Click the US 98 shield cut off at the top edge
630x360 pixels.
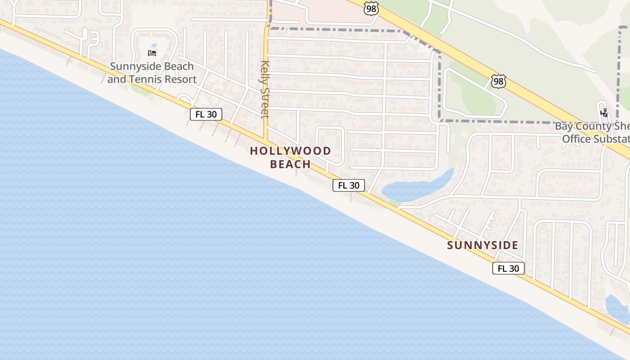coord(372,8)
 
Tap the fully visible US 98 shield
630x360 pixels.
coord(498,81)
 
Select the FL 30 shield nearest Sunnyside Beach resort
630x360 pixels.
coord(206,114)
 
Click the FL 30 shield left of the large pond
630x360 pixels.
coord(349,185)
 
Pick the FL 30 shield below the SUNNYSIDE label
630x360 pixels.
coord(508,269)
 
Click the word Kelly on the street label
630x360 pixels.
coord(265,72)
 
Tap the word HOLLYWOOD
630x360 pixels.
coord(291,151)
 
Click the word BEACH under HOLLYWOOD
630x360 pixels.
coord(291,164)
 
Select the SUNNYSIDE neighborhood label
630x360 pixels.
coord(482,245)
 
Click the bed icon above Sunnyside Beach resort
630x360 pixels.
coord(152,53)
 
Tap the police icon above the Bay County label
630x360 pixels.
coord(604,112)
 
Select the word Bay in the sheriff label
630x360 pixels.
coord(563,126)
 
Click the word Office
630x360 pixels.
coord(576,139)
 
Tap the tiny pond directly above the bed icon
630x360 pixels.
coord(154,46)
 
